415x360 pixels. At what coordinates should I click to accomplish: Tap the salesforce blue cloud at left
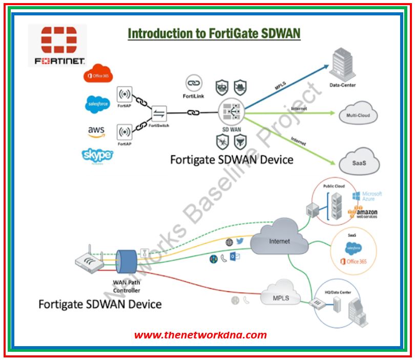[x=97, y=105]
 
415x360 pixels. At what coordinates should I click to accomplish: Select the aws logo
[x=96, y=132]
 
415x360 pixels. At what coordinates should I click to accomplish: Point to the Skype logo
[x=97, y=155]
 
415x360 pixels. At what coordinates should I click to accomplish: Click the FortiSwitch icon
[x=159, y=114]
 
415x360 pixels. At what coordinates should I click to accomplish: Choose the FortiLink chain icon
[x=194, y=83]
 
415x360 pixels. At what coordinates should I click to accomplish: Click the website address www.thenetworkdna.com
[x=200, y=335]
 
